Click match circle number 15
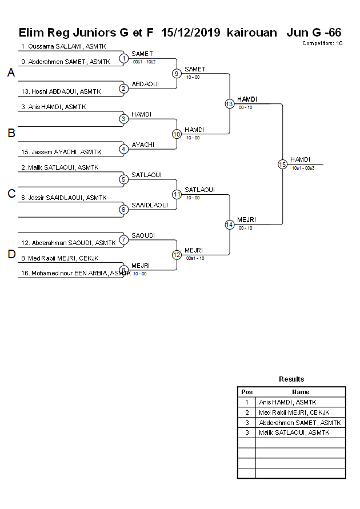point(282,164)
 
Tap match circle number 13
point(229,104)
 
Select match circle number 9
point(177,74)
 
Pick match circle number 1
point(123,58)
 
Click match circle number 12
point(177,254)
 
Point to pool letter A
point(11,73)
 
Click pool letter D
point(11,254)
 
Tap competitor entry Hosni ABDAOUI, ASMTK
point(60,91)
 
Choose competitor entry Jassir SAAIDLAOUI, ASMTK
point(63,198)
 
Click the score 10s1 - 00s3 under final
point(303,168)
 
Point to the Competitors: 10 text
point(323,43)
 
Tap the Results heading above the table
point(291,379)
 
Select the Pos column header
point(247,392)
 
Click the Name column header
point(301,392)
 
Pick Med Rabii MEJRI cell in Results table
point(294,412)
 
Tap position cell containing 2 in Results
point(247,412)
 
